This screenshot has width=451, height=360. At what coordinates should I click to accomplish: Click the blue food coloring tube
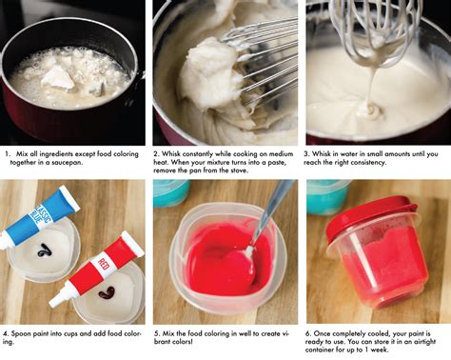(x=42, y=211)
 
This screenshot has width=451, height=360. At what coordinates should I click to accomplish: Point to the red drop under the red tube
(x=106, y=292)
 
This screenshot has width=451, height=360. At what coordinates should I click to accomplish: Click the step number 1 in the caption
(x=8, y=151)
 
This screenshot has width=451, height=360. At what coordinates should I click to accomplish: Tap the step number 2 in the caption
(x=159, y=151)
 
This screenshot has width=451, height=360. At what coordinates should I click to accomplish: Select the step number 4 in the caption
(x=8, y=334)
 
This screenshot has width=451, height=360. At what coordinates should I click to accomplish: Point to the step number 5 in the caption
(x=159, y=334)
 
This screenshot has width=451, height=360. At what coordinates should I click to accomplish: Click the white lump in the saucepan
(x=57, y=77)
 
